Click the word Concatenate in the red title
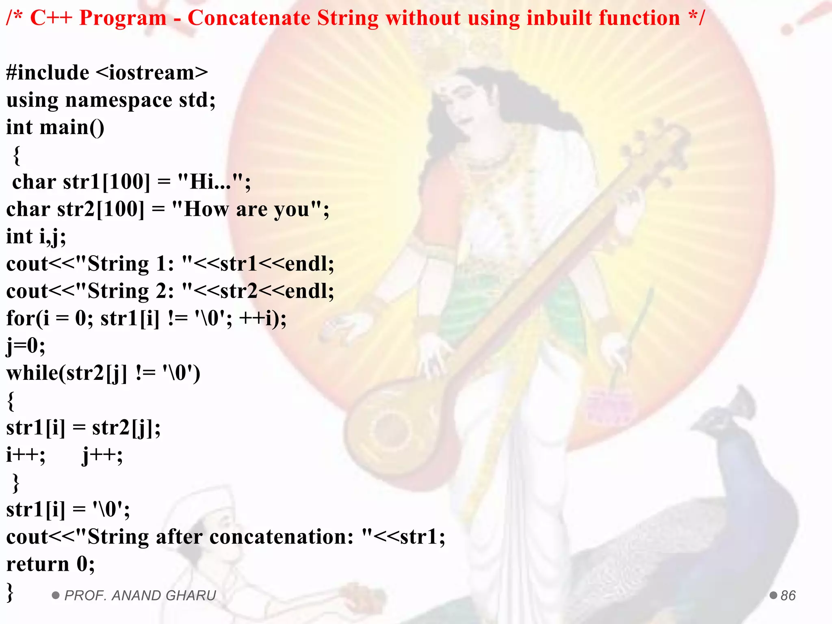[x=249, y=19]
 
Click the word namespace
[x=119, y=100]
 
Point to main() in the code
[x=72, y=128]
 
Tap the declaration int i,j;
[x=36, y=237]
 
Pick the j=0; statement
[x=25, y=346]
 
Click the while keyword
[x=32, y=373]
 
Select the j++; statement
[x=102, y=455]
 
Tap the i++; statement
[x=25, y=455]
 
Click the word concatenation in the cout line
[x=281, y=537]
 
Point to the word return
[x=38, y=564]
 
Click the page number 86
[x=788, y=596]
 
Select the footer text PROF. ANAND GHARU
[x=140, y=596]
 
